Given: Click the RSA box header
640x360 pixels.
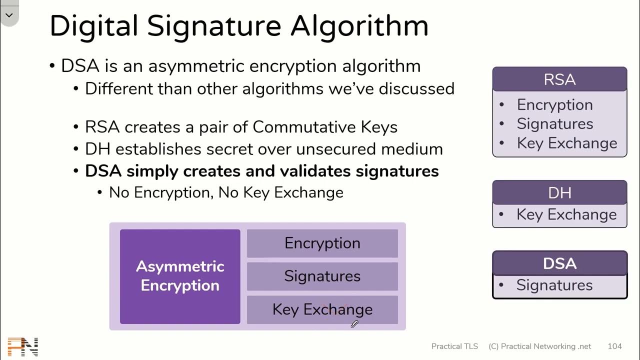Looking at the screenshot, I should coord(559,79).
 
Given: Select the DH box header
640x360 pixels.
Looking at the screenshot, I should coord(559,192).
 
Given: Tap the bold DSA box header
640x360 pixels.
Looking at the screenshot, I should coord(559,263).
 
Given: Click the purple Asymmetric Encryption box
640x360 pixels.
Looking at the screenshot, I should coord(180,276).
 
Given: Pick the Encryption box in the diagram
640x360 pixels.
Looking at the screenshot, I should coord(322,243).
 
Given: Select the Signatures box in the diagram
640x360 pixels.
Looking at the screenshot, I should coord(322,276).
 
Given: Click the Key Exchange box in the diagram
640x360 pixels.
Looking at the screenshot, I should coord(322,309).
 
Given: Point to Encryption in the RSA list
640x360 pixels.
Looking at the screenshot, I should coord(554,104).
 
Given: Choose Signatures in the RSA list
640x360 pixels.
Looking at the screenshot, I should coord(554,123).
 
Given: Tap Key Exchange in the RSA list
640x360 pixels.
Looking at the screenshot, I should coord(566,143).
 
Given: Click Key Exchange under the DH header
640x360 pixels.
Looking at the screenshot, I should coord(566,214).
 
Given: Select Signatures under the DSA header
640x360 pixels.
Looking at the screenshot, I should coord(554,285).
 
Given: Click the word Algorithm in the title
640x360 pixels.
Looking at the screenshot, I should coord(359,26).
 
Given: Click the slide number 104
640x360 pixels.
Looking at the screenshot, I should coord(614,346).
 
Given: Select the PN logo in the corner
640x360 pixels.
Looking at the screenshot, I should coord(23,346).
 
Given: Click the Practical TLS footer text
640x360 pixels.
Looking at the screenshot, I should coord(454,346).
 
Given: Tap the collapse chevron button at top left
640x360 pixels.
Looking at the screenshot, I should coord(9,15).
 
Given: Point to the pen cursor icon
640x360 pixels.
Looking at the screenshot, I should coord(354,324).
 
